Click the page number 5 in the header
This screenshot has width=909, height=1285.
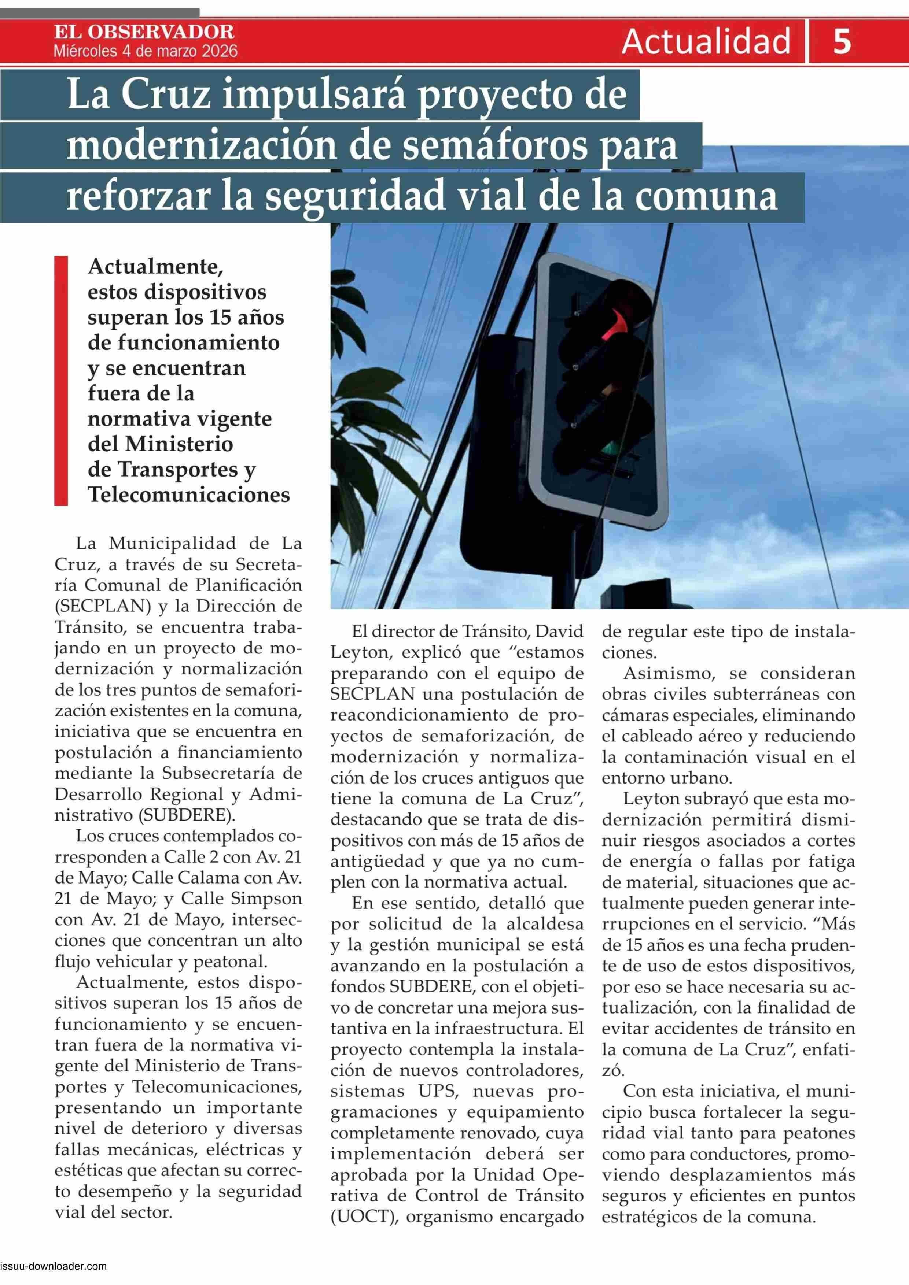pyautogui.click(x=842, y=41)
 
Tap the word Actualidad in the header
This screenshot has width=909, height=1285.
pyautogui.click(x=706, y=41)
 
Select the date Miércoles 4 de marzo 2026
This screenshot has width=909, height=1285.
pyautogui.click(x=146, y=52)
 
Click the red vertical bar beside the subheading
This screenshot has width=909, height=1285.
pyautogui.click(x=60, y=381)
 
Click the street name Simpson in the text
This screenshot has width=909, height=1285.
pyautogui.click(x=265, y=899)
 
